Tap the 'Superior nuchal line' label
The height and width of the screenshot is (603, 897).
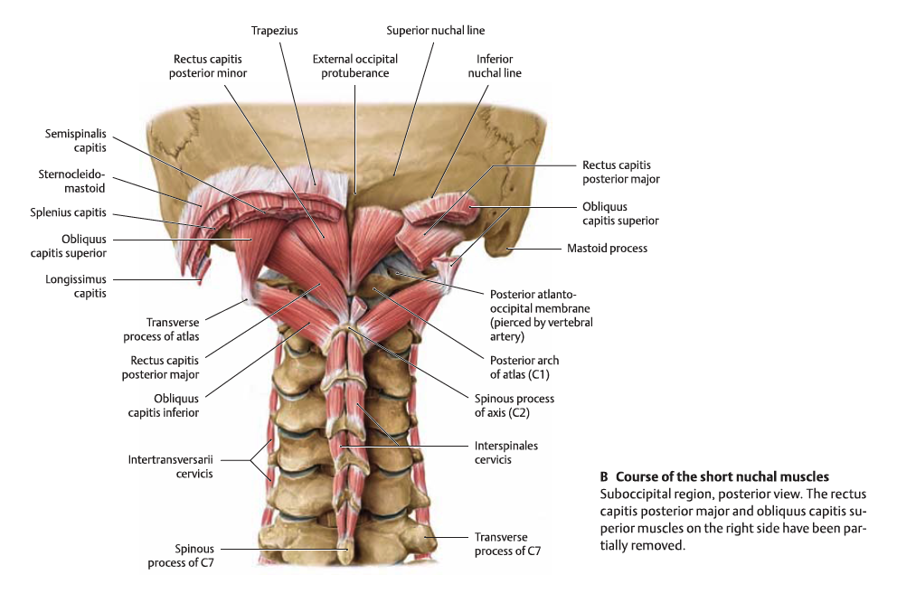coord(435,30)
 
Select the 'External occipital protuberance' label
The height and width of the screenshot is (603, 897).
coord(355,66)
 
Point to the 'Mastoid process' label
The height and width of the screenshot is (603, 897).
coord(606,248)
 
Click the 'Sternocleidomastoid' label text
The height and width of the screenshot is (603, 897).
coord(71,181)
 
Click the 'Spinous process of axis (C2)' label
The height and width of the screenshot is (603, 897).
coord(514,405)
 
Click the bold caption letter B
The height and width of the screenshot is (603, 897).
coord(604,476)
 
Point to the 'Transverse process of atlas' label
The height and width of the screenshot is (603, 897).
coord(173,329)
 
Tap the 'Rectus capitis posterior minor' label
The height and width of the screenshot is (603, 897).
coord(208,66)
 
